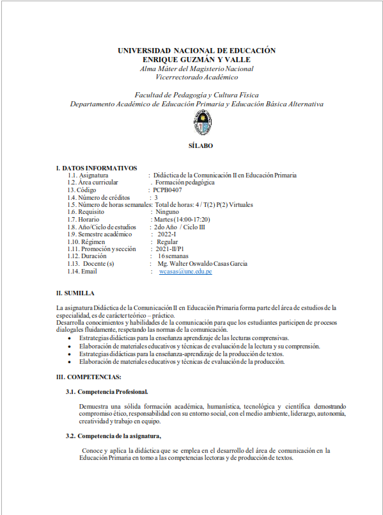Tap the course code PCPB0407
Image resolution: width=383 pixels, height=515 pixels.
[168, 190]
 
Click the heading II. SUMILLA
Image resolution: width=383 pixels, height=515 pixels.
[75, 293]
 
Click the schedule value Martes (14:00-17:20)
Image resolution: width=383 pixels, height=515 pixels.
[182, 220]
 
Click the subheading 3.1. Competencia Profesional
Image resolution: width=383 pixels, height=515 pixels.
[107, 391]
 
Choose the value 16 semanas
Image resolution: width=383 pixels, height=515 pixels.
[173, 256]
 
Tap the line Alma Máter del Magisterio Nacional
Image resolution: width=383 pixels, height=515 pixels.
[197, 69]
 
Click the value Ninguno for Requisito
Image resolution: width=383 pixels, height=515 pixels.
[168, 212]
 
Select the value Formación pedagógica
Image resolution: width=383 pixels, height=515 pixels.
[185, 183]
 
